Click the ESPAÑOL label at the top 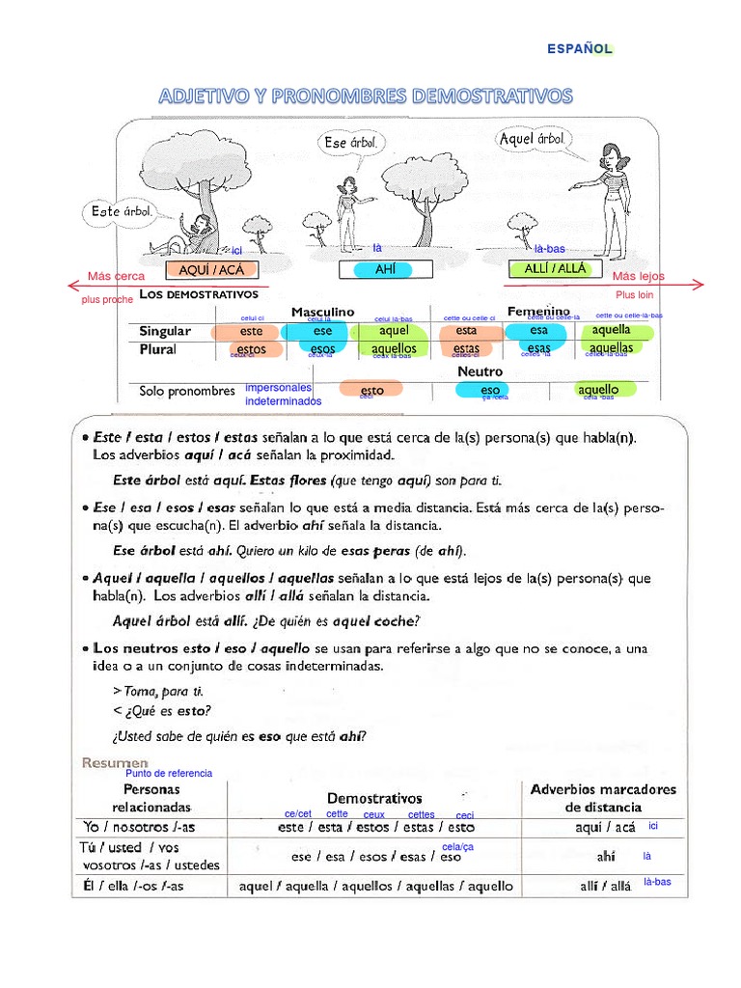580,48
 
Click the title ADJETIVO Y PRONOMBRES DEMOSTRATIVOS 366,96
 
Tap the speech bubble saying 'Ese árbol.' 352,143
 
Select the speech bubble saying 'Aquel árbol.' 531,140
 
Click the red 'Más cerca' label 116,276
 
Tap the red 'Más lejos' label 639,276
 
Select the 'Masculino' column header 322,312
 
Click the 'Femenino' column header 538,312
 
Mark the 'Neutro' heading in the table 480,370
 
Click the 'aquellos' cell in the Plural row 394,348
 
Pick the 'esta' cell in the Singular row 466,331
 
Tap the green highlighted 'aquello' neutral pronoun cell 598,390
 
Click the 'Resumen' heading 116,762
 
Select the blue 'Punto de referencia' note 169,774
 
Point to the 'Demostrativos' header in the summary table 374,799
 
